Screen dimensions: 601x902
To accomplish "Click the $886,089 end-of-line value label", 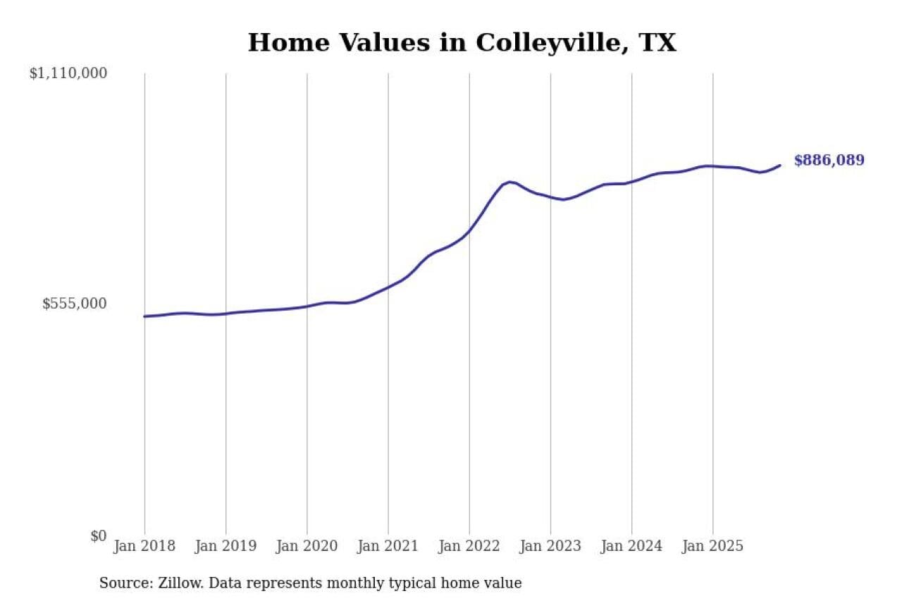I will (829, 161).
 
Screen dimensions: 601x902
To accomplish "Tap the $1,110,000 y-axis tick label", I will (68, 73).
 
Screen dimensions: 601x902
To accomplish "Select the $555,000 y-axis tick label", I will (75, 304).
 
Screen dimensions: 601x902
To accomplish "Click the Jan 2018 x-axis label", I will (144, 547).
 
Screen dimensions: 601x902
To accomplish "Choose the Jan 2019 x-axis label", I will (225, 547).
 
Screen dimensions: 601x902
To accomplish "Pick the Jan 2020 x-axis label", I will (307, 547).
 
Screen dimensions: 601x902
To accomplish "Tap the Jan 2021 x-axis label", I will (388, 547).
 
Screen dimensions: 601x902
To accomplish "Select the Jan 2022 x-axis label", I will (469, 547).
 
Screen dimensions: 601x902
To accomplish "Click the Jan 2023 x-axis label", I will (550, 547).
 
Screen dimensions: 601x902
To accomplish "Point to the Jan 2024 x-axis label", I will (631, 547).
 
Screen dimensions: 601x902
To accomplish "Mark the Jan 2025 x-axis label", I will (712, 547).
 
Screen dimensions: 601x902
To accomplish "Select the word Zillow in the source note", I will (173, 583).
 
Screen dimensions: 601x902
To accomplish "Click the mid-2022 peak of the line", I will (509, 182).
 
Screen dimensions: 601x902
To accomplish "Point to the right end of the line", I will (780, 166).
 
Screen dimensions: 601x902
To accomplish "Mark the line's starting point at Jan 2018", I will (144, 316).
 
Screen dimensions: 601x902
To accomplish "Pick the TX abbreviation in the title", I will (657, 43).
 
